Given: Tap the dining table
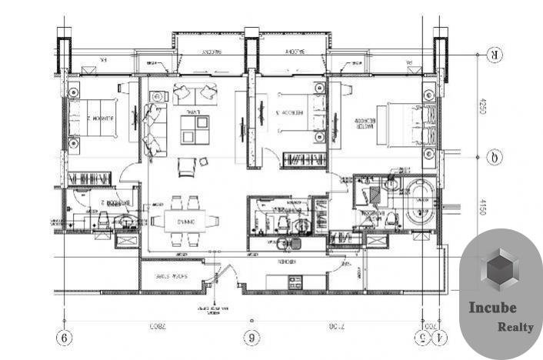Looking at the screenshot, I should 185,221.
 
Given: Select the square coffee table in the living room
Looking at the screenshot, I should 195,129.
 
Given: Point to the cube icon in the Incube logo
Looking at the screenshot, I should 501,270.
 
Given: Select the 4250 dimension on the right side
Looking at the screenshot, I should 483,106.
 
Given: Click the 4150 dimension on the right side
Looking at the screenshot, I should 483,205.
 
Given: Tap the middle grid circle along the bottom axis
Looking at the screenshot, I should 250,338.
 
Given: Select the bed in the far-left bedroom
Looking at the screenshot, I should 93,120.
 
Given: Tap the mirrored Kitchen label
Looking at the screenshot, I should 287,262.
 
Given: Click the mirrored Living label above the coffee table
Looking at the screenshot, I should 194,112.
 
